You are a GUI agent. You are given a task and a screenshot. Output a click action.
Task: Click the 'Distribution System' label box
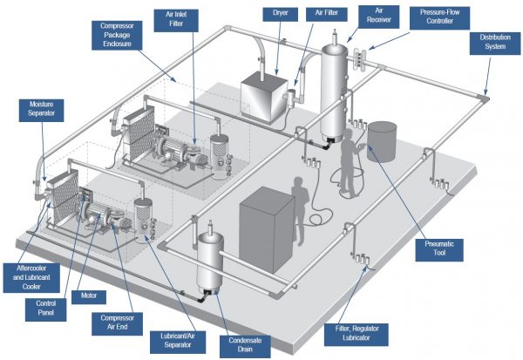pyautogui.click(x=488, y=43)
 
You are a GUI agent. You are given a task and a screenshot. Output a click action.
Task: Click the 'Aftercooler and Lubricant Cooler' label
pyautogui.click(x=31, y=275)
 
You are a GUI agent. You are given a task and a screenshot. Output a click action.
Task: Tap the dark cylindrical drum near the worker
pyautogui.click(x=382, y=138)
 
